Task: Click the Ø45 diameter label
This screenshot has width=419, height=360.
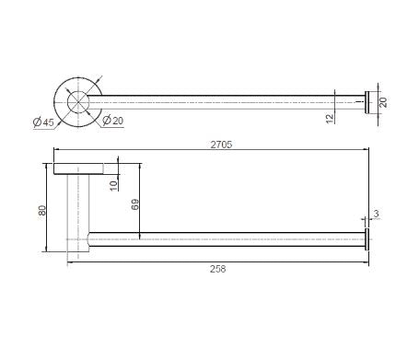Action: pyautogui.click(x=43, y=122)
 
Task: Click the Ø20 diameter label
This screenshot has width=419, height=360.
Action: pyautogui.click(x=112, y=121)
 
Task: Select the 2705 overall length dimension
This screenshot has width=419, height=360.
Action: pyautogui.click(x=221, y=145)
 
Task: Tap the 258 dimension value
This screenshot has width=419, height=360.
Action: pyautogui.click(x=218, y=269)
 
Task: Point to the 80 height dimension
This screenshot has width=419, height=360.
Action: pyautogui.click(x=42, y=210)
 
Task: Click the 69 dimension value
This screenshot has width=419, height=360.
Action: pyautogui.click(x=134, y=204)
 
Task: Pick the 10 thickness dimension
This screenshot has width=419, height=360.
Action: pyautogui.click(x=113, y=186)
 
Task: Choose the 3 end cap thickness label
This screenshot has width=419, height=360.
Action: pyautogui.click(x=377, y=214)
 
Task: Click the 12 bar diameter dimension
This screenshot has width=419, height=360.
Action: pyautogui.click(x=330, y=119)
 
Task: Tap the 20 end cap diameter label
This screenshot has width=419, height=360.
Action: pyautogui.click(x=383, y=102)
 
